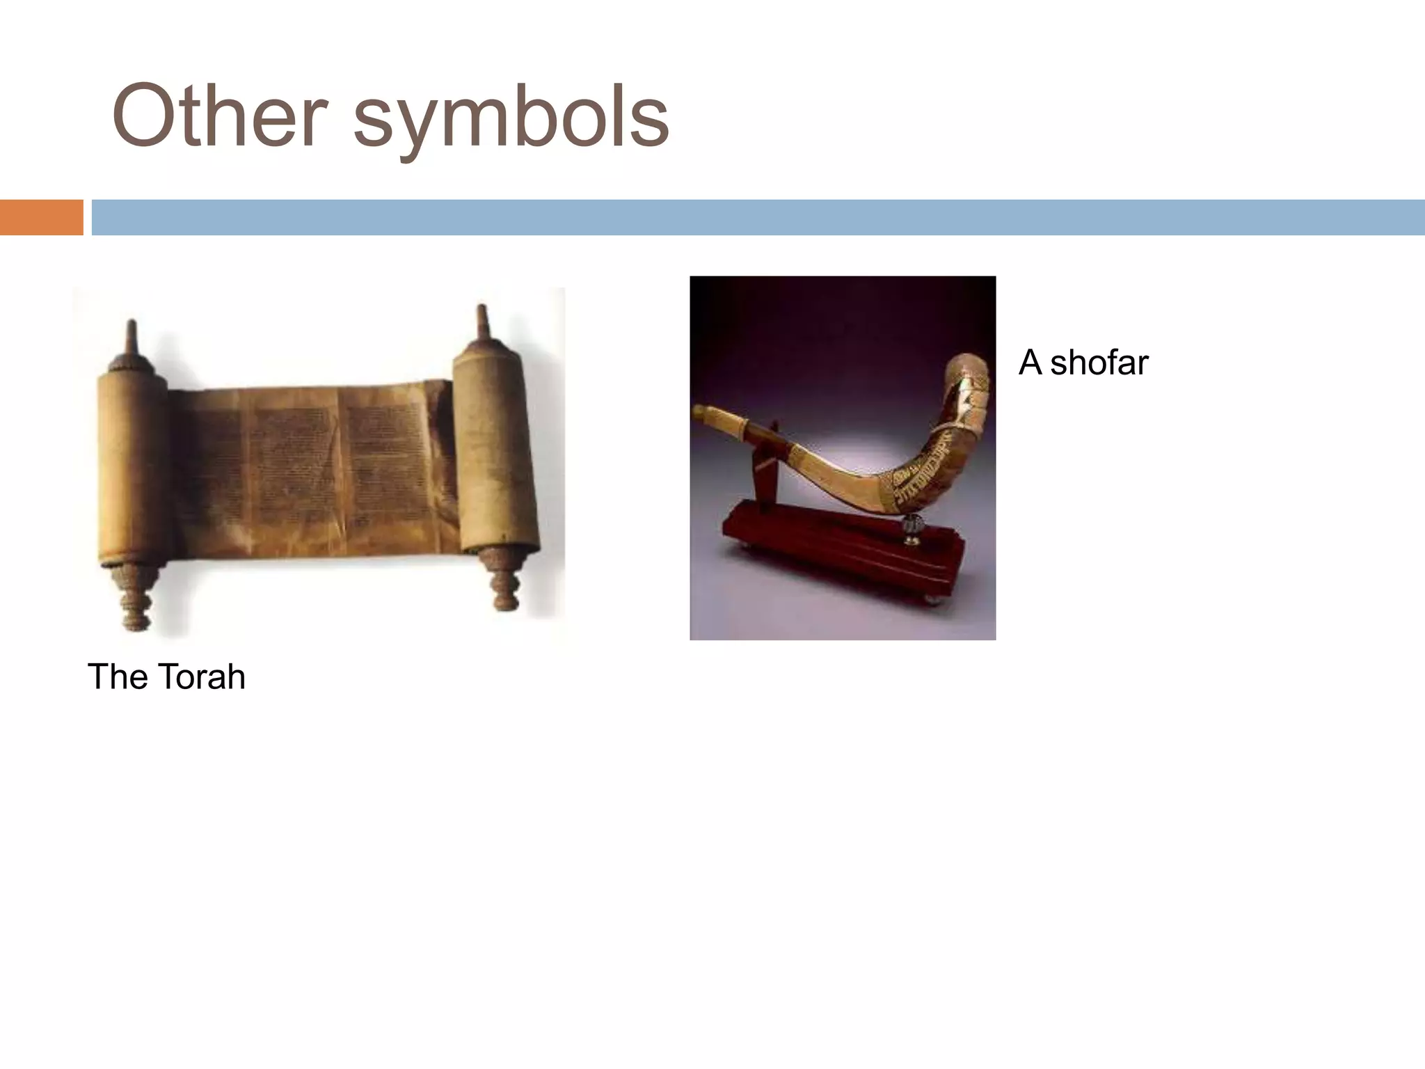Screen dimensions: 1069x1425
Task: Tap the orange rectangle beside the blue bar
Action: [41, 217]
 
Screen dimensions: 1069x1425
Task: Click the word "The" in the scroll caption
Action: [113, 676]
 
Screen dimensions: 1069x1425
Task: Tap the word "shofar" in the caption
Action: [1099, 363]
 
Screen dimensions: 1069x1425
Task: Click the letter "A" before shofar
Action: [1030, 363]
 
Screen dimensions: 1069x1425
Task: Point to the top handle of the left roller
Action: [131, 341]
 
